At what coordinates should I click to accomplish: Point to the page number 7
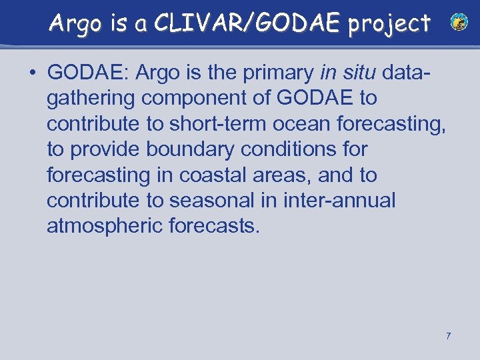(448, 336)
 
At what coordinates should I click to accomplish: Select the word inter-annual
(339, 201)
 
